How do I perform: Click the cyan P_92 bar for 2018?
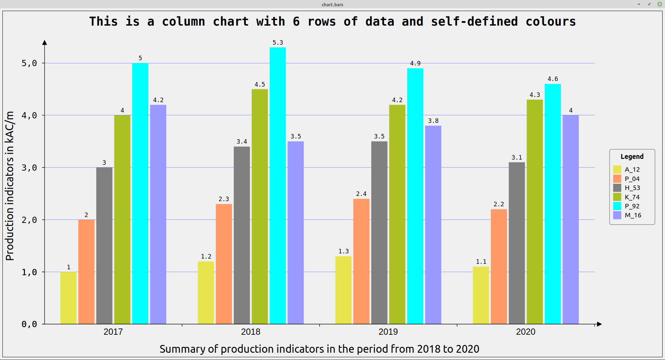click(278, 186)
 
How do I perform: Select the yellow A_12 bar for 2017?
click(69, 298)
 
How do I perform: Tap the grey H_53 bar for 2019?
click(379, 233)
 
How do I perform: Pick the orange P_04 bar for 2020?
click(499, 267)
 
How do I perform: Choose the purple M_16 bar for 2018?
click(295, 233)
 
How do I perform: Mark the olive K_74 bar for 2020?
click(535, 212)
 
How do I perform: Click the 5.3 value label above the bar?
click(278, 43)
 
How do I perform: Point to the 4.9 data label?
click(415, 63)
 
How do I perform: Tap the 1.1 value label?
click(481, 262)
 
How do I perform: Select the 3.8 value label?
click(433, 121)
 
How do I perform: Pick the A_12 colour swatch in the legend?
click(617, 170)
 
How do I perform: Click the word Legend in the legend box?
click(632, 156)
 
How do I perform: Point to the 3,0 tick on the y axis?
click(29, 168)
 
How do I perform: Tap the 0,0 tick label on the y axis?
click(29, 324)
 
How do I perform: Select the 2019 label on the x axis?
click(388, 332)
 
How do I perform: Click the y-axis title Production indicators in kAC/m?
click(10, 186)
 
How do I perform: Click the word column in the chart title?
click(184, 21)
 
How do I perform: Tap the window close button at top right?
click(660, 4)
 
